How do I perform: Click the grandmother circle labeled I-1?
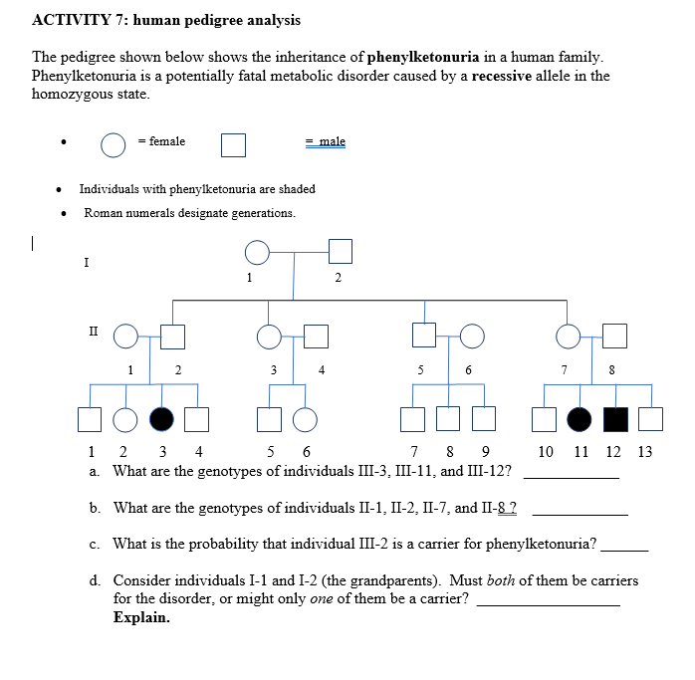click(x=258, y=253)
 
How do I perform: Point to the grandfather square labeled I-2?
click(x=341, y=253)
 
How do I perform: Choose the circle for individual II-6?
click(x=472, y=338)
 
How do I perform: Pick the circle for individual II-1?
click(x=125, y=338)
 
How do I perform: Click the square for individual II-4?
click(x=317, y=338)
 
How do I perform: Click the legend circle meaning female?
click(x=113, y=145)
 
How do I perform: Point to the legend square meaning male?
click(x=233, y=145)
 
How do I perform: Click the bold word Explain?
click(x=141, y=617)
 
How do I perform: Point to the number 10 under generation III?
click(x=546, y=451)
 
